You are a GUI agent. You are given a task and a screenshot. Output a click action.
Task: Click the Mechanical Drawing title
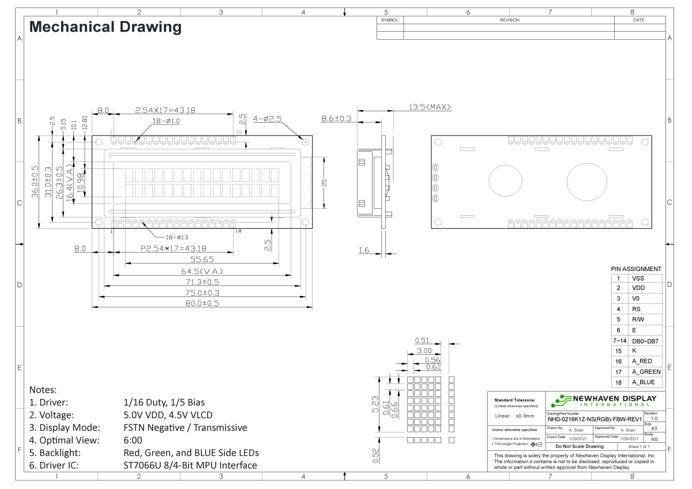pos(105,27)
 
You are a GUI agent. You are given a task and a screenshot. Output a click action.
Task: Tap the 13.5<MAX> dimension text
pos(430,107)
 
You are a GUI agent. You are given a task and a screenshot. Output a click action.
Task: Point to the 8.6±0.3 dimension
pos(337,118)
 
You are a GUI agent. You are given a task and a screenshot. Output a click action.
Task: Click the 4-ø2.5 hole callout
pos(267,118)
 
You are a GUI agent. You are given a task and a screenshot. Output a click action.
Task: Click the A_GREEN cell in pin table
pos(646,371)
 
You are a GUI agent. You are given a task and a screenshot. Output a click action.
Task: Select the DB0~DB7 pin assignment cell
pos(645,341)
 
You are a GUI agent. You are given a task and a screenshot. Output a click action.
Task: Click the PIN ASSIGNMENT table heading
pos(635,269)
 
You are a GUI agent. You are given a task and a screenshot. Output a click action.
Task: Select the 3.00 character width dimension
pos(424,351)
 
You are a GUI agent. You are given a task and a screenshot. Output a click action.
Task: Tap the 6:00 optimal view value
pos(133,440)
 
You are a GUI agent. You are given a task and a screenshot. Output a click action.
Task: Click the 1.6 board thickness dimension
pos(363,251)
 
